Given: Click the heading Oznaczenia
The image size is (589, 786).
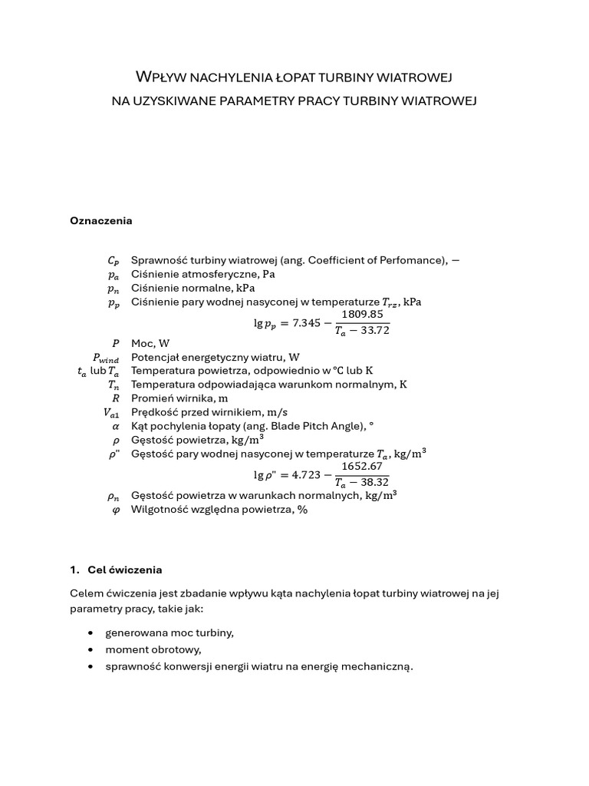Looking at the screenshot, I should pyautogui.click(x=100, y=221).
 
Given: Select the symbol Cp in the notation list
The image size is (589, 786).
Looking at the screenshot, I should pyautogui.click(x=114, y=261).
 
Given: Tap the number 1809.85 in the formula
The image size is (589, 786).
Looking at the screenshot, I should pyautogui.click(x=363, y=315).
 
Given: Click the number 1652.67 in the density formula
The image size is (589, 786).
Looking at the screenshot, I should pyautogui.click(x=362, y=466).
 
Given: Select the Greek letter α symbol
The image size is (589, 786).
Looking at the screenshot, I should pyautogui.click(x=116, y=426).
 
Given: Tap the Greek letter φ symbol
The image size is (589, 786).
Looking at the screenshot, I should pyautogui.click(x=116, y=510).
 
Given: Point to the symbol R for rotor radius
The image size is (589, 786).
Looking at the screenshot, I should pyautogui.click(x=116, y=398).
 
